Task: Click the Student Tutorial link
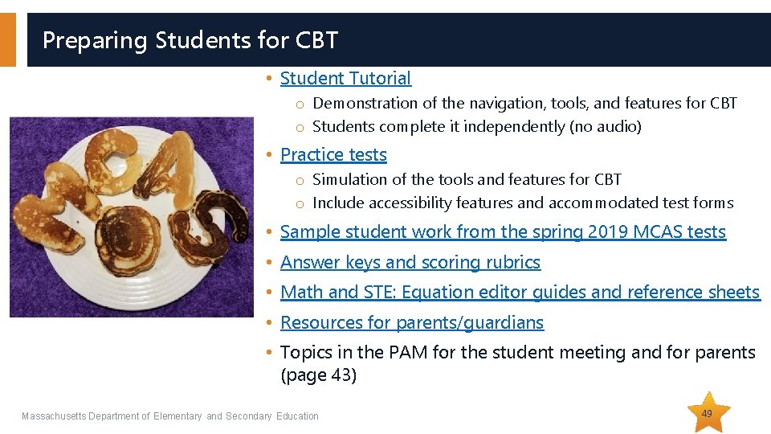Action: tap(345, 78)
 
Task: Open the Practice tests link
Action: tap(333, 154)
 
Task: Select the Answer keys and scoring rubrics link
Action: tap(410, 262)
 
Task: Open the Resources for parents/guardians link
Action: tap(412, 322)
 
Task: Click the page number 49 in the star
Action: tap(707, 413)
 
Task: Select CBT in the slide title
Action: tap(316, 39)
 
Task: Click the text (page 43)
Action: tap(318, 375)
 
